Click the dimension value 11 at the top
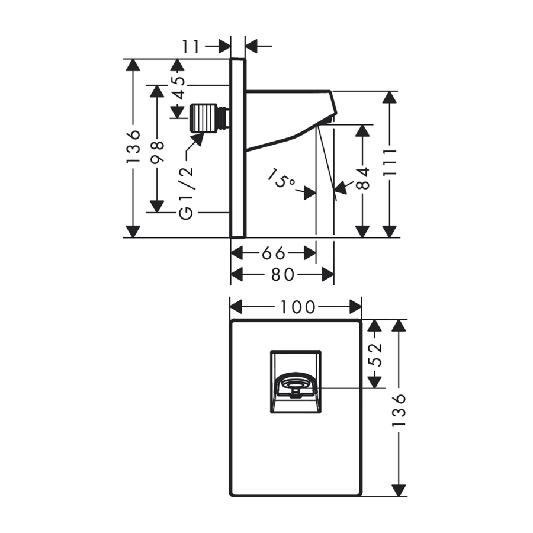[x=192, y=46]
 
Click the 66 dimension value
[x=273, y=253]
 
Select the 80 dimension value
[x=282, y=274]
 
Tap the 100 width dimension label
[x=296, y=307]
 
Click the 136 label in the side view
[x=134, y=147]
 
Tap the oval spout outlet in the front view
[x=294, y=384]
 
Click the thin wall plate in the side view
[x=237, y=148]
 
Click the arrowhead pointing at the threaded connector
[x=197, y=139]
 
